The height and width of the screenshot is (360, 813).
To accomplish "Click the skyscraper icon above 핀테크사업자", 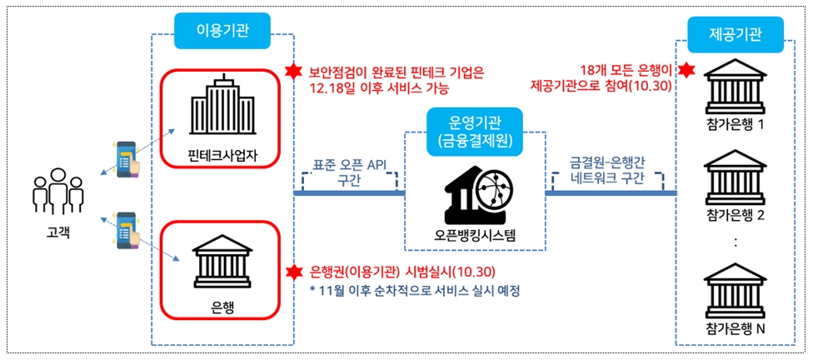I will tap(222, 109).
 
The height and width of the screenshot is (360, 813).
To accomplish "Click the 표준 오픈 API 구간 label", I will tap(349, 172).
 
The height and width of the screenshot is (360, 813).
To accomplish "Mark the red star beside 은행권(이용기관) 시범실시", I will tap(292, 272).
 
